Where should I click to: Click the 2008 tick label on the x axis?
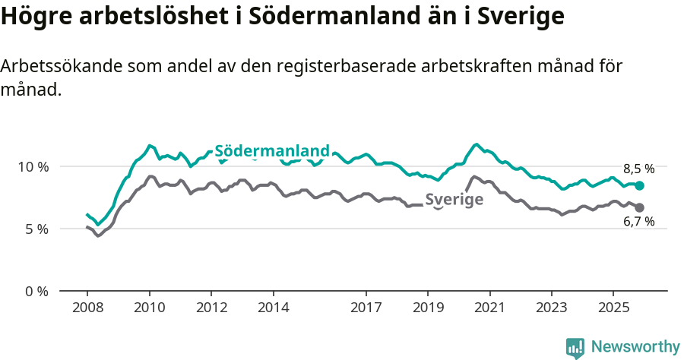point(87,309)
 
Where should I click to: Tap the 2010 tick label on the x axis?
point(149,309)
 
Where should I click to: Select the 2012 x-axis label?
point(211,309)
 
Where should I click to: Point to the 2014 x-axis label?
point(273,309)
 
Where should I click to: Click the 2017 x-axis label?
point(366,309)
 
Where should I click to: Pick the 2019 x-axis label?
point(428,309)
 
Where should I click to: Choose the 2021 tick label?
point(490,309)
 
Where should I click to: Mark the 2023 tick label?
point(552,309)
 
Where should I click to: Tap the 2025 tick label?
point(613,309)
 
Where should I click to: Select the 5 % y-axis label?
point(36,229)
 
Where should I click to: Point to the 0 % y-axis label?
point(36,291)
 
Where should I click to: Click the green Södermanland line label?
point(272,150)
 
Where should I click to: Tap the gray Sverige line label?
point(454,201)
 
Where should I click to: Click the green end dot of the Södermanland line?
point(640,185)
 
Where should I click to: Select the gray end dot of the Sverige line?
point(640,207)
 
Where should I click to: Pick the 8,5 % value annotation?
point(638,169)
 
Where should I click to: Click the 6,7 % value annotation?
point(638,222)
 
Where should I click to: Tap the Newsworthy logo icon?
point(575,347)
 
